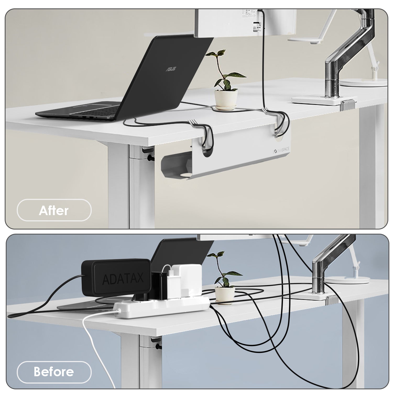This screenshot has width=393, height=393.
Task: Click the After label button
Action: click(x=54, y=210)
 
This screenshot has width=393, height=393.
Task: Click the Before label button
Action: click(x=54, y=372)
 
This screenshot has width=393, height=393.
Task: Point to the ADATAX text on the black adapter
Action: click(x=123, y=279)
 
